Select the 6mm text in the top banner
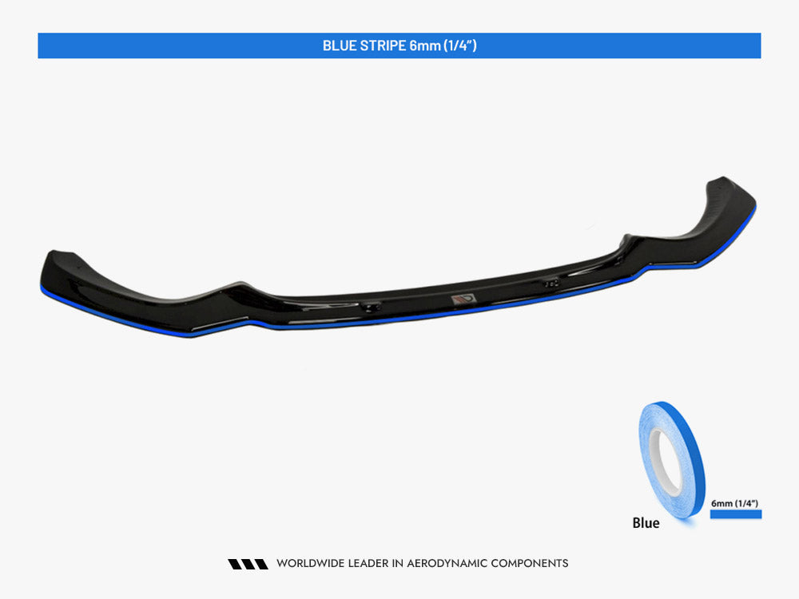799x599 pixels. pos(423,46)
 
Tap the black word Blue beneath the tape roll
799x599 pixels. pos(646,523)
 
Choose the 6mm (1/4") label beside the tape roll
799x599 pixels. pos(733,503)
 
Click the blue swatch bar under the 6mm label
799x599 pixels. pos(735,514)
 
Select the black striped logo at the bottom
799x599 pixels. pos(248,564)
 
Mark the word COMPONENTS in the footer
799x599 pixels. pos(529,564)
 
